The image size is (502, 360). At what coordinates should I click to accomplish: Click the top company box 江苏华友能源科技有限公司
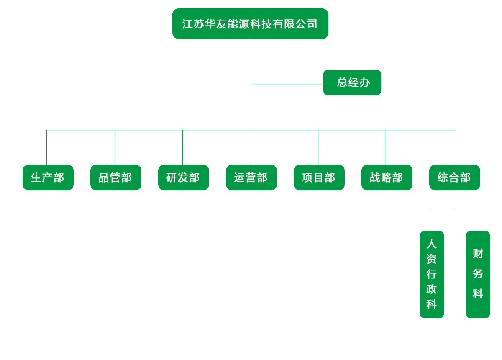point(250,24)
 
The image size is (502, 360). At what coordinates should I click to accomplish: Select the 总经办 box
point(352,82)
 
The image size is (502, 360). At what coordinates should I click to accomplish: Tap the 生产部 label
point(47,177)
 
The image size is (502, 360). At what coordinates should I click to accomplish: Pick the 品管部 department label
point(115,177)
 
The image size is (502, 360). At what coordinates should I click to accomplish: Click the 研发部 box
point(184,177)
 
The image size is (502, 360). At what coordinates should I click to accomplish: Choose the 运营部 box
point(251,177)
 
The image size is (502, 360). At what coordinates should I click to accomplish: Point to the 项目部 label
point(318,177)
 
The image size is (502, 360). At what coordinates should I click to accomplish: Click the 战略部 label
point(386,177)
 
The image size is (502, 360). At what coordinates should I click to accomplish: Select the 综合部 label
point(454,177)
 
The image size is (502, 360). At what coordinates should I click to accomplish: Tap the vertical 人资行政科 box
point(432,274)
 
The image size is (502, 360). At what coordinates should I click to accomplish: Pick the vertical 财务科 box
point(478,274)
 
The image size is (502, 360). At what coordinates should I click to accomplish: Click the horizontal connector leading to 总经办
point(287,84)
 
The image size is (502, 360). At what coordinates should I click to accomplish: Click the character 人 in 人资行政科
point(432,244)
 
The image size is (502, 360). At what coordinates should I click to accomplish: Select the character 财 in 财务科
point(478,253)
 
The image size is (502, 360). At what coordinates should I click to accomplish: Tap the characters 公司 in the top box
point(307,24)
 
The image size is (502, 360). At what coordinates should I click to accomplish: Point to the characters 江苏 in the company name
point(193,24)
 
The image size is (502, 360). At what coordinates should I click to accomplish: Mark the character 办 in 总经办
point(365,82)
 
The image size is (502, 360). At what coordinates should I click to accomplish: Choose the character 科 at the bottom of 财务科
point(478,294)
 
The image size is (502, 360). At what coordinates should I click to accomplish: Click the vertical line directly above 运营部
point(251,147)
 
